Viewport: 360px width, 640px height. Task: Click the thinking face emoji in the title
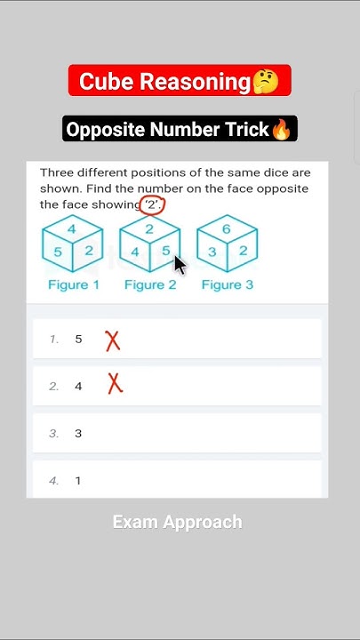[x=265, y=83]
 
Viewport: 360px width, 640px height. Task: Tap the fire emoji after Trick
[x=282, y=130]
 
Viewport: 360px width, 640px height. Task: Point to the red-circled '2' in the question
[x=153, y=204]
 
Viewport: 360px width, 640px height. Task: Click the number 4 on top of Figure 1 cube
[x=72, y=229]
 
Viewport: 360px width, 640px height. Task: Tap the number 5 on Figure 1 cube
[x=57, y=252]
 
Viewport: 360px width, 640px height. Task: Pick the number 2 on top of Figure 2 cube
[x=149, y=229]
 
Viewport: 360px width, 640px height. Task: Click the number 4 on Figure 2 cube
[x=134, y=252]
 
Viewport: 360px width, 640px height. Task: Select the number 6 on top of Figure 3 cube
[x=227, y=229]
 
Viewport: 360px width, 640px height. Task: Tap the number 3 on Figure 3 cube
[x=212, y=252]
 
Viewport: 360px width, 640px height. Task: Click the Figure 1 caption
[x=74, y=284]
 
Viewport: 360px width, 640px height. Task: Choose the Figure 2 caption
[x=150, y=284]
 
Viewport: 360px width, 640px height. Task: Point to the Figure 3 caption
[x=228, y=284]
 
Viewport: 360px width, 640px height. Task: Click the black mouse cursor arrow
[x=180, y=265]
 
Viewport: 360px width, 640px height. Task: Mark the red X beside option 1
[x=113, y=340]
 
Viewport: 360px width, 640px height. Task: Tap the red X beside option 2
[x=115, y=384]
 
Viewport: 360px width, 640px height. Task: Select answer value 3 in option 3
[x=78, y=433]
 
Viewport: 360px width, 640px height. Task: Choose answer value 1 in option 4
[x=78, y=480]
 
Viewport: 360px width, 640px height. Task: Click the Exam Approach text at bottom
[x=177, y=522]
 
